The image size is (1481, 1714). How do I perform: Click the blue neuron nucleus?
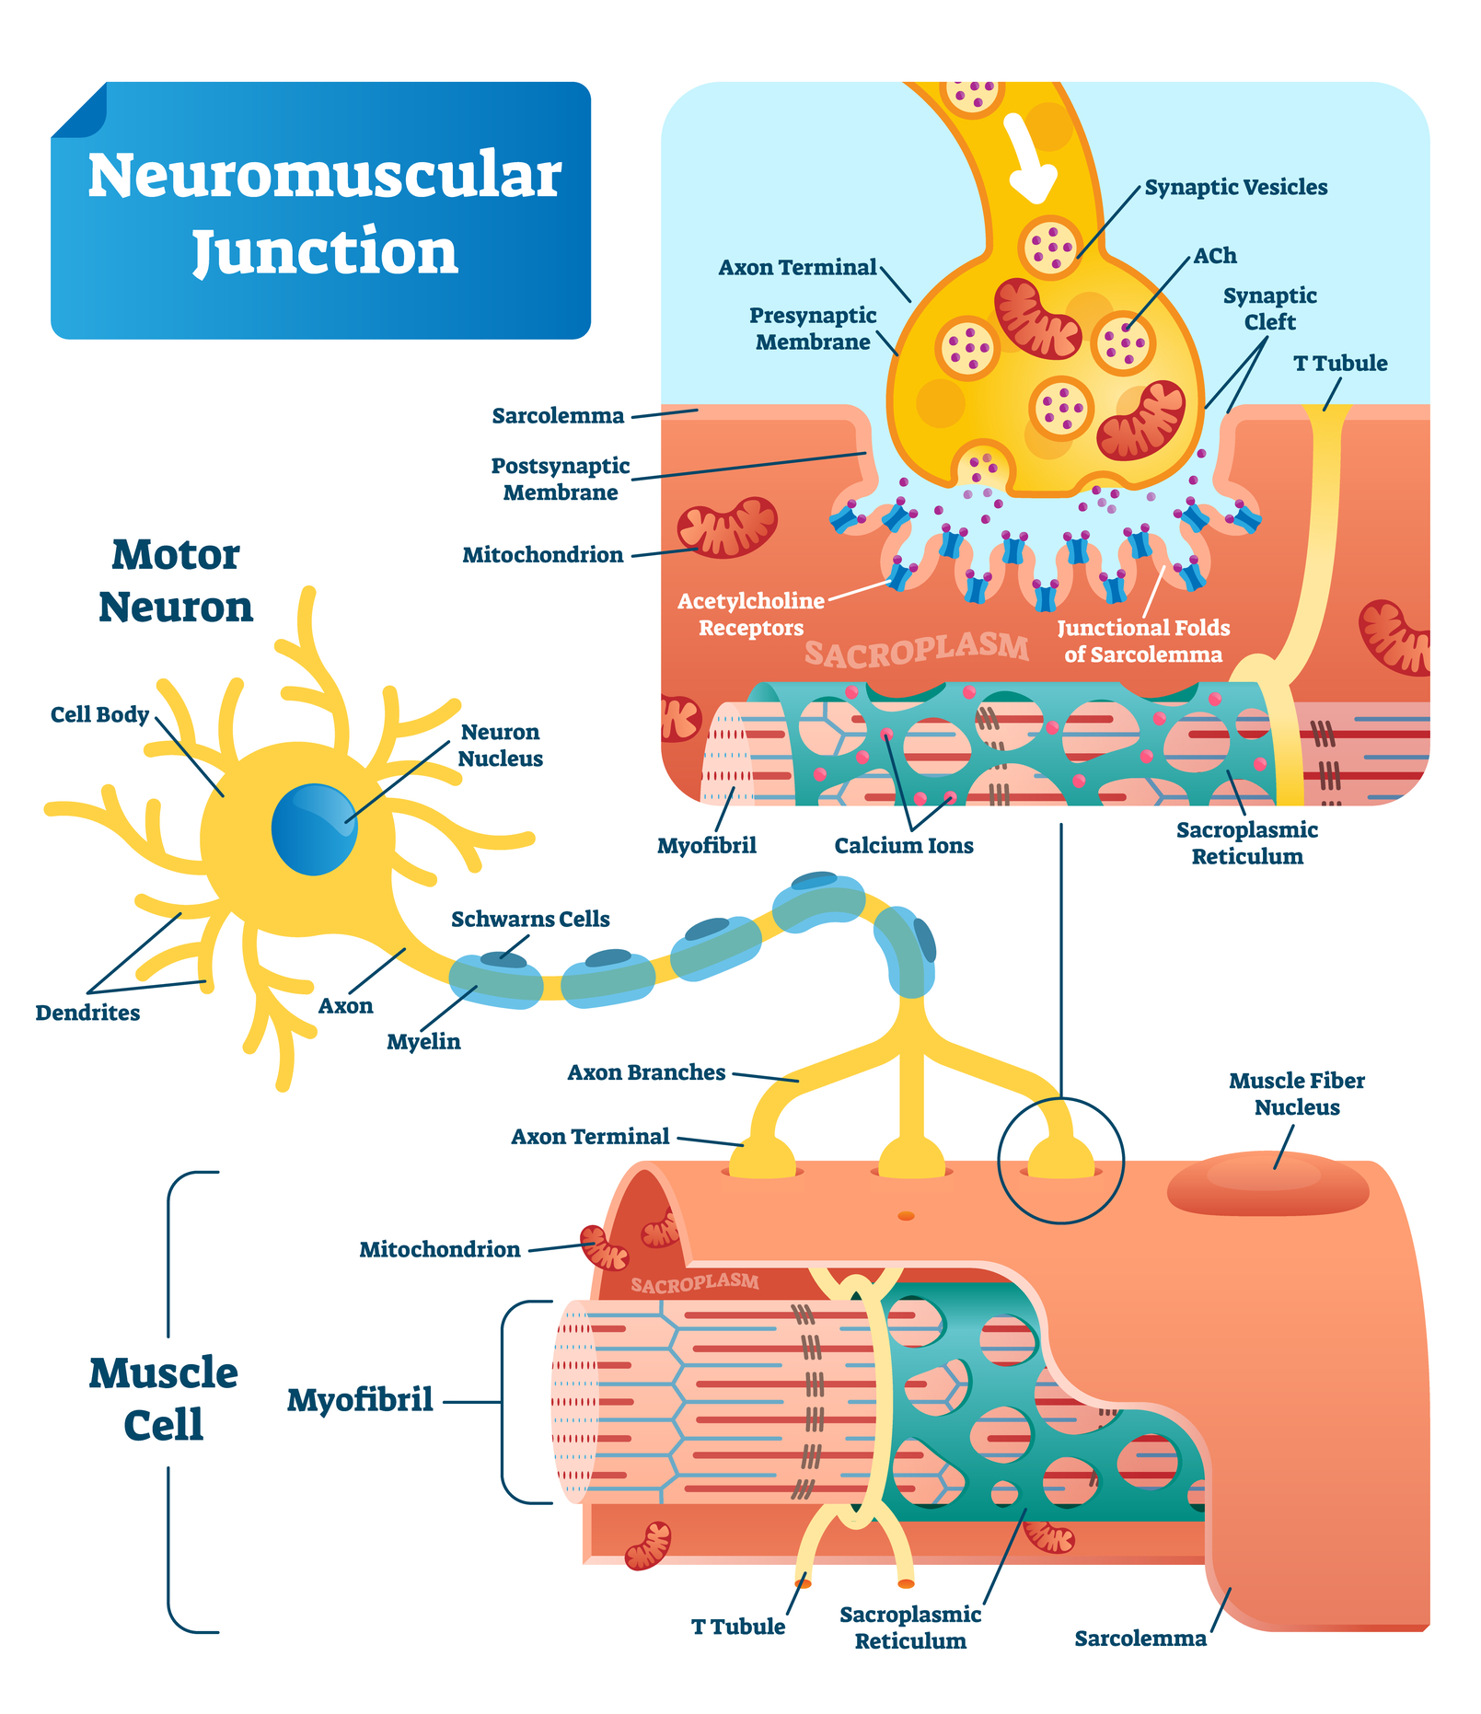[x=314, y=828]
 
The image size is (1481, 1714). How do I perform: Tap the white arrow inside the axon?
[x=1030, y=158]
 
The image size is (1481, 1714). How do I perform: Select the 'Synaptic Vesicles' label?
[x=1235, y=188]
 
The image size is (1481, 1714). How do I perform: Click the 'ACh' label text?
[x=1215, y=256]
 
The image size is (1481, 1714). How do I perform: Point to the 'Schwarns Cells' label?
[x=530, y=920]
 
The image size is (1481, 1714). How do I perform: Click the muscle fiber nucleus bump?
[x=1267, y=1185]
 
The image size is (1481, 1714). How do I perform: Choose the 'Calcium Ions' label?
[x=904, y=846]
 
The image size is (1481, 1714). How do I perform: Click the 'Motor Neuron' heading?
[x=176, y=581]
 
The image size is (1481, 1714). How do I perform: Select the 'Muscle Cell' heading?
[x=164, y=1398]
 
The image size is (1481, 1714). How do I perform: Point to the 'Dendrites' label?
[x=87, y=1013]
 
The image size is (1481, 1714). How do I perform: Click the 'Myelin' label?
[x=423, y=1042]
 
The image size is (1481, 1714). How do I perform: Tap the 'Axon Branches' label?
[x=646, y=1073]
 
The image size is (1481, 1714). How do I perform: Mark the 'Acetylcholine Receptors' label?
[x=751, y=614]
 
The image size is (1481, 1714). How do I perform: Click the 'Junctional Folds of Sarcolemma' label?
[x=1143, y=641]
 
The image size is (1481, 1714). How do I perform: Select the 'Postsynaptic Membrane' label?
[x=561, y=479]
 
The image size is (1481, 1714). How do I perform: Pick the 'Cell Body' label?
[x=99, y=715]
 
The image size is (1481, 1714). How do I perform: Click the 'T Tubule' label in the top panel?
[x=1340, y=364]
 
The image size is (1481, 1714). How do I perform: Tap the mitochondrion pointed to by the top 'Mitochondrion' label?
[x=727, y=527]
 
